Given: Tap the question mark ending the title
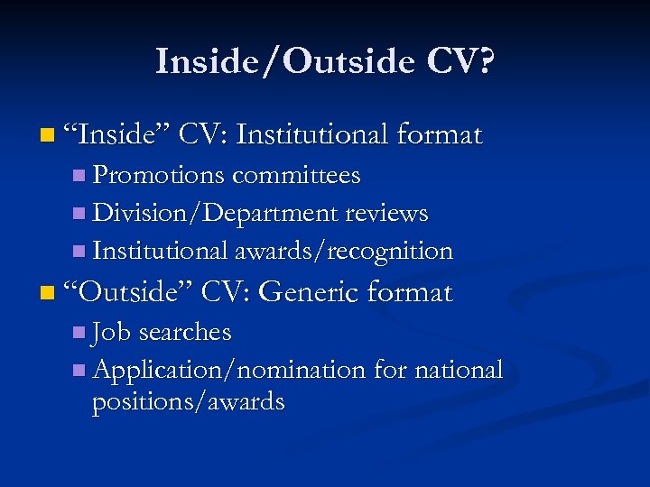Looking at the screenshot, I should point(485,62).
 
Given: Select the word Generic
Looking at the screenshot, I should point(312,292).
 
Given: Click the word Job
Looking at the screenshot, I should point(112,332).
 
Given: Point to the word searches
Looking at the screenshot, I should point(185,332).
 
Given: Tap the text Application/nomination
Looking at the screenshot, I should point(228,370).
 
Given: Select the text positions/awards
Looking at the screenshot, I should point(188,402).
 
